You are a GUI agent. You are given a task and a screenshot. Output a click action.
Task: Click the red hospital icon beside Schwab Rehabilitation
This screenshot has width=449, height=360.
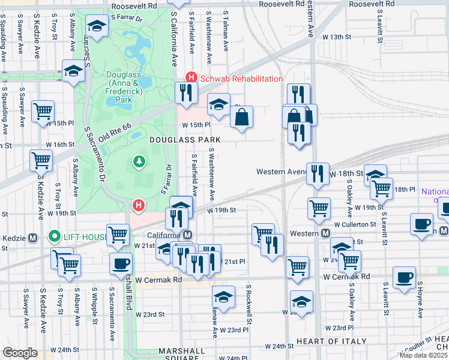click(191, 78)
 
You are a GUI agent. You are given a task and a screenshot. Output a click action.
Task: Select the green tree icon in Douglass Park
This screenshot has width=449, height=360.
click(139, 161)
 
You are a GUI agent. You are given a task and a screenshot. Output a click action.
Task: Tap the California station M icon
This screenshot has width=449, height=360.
click(188, 235)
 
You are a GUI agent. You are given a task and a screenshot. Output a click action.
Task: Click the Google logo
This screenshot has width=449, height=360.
click(20, 353)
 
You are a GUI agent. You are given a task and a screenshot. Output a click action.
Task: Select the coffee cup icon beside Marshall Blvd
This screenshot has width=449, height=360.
click(121, 263)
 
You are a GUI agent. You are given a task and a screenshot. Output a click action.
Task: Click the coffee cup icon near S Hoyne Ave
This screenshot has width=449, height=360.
click(405, 277)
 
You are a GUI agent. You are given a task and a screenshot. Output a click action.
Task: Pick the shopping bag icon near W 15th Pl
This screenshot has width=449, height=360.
click(241, 118)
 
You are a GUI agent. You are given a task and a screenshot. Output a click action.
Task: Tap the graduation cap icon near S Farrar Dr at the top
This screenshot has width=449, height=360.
click(96, 26)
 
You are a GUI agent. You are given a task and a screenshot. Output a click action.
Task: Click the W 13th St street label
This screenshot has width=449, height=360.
click(336, 37)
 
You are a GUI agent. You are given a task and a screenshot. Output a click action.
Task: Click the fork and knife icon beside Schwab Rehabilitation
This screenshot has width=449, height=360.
click(186, 92)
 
